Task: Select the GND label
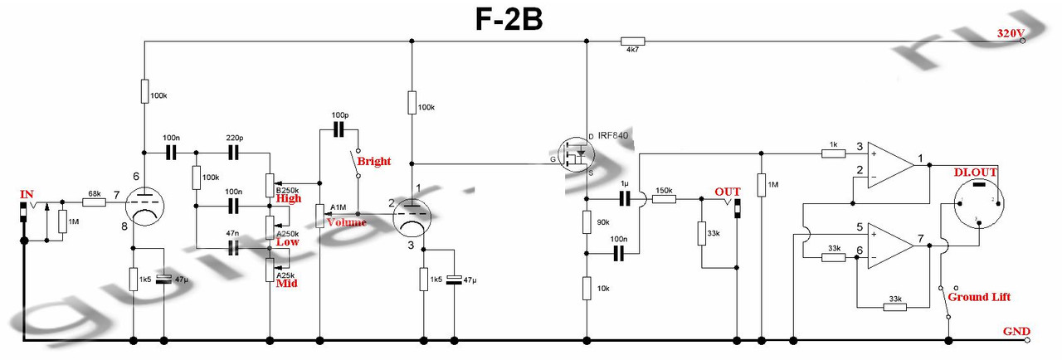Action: pyautogui.click(x=1017, y=331)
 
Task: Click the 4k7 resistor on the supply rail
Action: pyautogui.click(x=633, y=41)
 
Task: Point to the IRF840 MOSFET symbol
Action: pyautogui.click(x=575, y=153)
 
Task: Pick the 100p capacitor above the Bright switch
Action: pyautogui.click(x=339, y=129)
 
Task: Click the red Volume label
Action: pyautogui.click(x=346, y=222)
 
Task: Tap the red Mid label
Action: pyautogui.click(x=286, y=283)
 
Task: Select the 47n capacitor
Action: pyautogui.click(x=233, y=247)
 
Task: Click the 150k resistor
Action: pyautogui.click(x=664, y=199)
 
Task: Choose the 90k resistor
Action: pyautogui.click(x=587, y=222)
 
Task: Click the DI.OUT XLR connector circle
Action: pyautogui.click(x=979, y=202)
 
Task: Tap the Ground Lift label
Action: pyautogui.click(x=978, y=296)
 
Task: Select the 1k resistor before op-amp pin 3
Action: pyautogui.click(x=831, y=153)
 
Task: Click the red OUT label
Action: pyautogui.click(x=727, y=191)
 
